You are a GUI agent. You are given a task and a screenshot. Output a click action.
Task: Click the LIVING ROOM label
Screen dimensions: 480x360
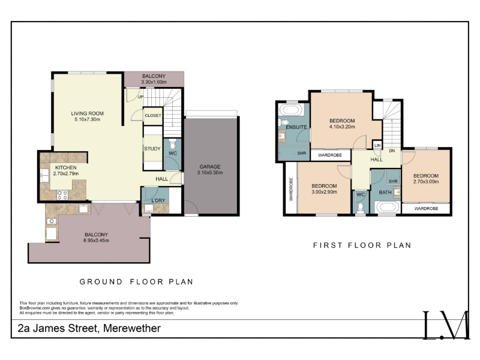[87, 113]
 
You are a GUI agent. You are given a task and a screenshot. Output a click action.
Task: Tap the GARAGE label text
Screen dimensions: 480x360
[210, 167]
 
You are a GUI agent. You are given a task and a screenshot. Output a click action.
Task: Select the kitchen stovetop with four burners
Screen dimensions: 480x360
[62, 195]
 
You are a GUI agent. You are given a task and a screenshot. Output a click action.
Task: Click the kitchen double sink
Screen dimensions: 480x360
[44, 175]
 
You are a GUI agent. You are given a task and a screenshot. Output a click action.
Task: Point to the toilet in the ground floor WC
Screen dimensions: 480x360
[173, 144]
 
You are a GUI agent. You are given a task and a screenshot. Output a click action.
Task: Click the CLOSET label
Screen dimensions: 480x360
[153, 115]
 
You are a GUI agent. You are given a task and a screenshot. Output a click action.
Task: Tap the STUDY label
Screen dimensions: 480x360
[152, 149]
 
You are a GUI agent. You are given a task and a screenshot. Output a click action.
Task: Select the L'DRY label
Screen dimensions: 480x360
[158, 200]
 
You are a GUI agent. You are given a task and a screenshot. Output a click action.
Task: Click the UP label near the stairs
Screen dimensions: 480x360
[140, 97]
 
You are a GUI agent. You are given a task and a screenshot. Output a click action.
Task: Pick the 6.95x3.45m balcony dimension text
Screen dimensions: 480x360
[96, 241]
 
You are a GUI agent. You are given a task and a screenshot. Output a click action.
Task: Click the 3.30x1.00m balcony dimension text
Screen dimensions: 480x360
[154, 82]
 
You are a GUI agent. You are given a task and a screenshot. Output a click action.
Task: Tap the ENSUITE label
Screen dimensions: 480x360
[296, 127]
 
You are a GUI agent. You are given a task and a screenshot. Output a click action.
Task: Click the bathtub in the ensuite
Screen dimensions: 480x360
[292, 110]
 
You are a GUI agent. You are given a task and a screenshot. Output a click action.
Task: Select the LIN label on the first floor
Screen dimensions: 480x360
[377, 145]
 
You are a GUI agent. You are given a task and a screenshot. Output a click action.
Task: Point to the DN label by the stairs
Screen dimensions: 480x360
[392, 151]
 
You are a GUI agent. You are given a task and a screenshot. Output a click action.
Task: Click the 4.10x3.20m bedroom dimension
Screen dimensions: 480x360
[342, 127]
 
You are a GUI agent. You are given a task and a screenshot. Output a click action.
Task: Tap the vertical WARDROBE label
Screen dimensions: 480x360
[291, 189]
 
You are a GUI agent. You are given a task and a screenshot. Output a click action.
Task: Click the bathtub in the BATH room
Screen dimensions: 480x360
[387, 207]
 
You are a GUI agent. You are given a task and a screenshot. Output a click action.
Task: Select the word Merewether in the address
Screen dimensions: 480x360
[132, 328]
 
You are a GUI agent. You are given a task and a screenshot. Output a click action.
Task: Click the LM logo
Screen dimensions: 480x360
[446, 325]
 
